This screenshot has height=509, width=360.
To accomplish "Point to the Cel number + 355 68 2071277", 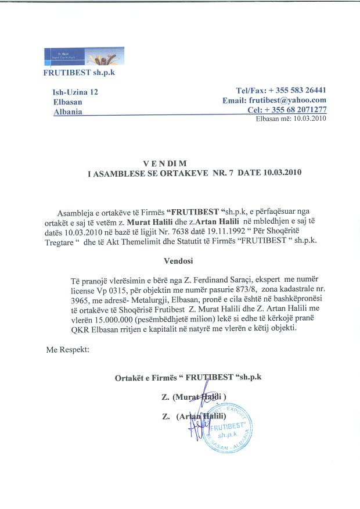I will pos(296,109).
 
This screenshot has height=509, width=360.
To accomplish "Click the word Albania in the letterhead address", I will pos(67,111).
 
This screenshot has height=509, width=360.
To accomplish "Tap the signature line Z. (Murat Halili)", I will pos(194,397).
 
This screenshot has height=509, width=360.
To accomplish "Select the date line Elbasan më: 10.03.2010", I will pos(291,119).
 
